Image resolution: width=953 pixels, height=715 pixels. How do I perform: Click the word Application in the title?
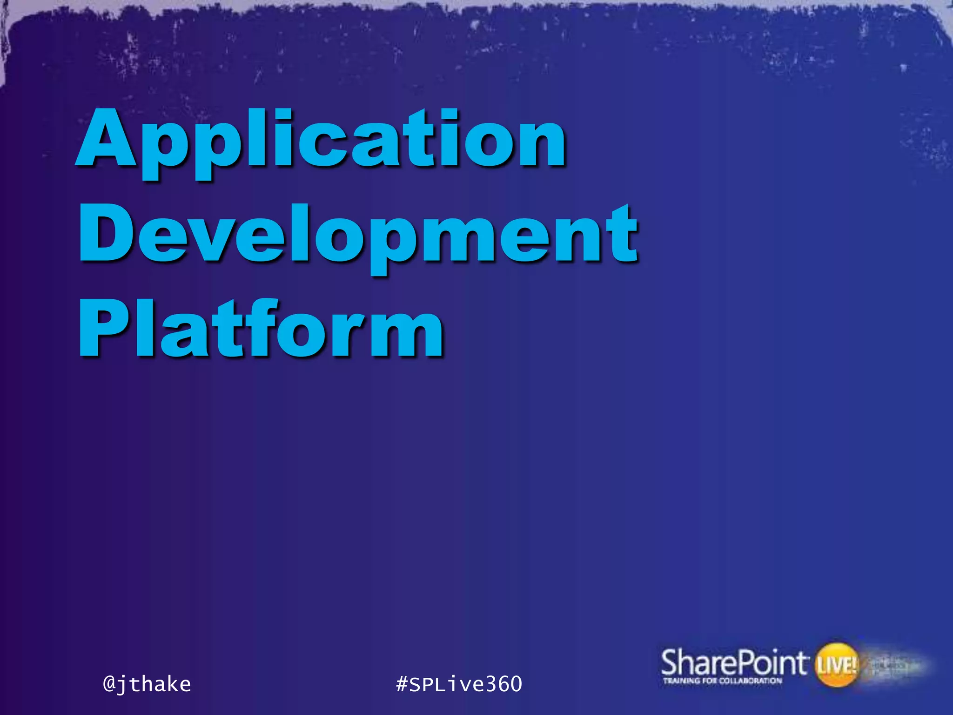[x=321, y=142]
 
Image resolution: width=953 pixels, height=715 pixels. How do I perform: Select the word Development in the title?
[x=358, y=237]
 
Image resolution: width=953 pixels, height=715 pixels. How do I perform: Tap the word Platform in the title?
[x=261, y=331]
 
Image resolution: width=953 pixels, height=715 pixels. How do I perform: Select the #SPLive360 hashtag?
[x=459, y=684]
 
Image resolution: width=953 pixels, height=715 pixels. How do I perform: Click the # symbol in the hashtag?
[x=402, y=684]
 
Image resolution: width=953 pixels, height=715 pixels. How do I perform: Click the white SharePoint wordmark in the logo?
[x=732, y=662]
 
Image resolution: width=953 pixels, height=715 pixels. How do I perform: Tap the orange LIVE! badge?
[x=837, y=665]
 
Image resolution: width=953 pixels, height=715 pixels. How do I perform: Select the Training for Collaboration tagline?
[x=722, y=681]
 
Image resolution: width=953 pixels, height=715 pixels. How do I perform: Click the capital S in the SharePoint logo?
[x=670, y=662]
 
